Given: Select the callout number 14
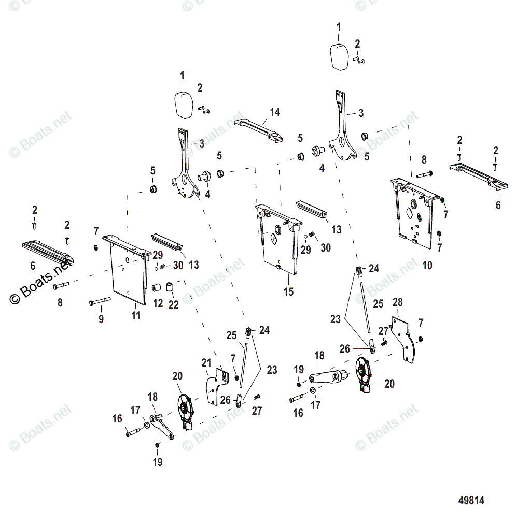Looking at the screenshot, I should tap(274, 112).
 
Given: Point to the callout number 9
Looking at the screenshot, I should tap(101, 319).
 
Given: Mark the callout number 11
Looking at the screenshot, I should tap(135, 315).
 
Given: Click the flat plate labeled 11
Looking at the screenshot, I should tap(127, 269).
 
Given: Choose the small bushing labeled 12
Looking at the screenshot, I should tap(156, 286).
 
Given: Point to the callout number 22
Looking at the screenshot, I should tap(173, 305).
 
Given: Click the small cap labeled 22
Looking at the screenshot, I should tap(170, 286).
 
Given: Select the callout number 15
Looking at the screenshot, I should tap(288, 292).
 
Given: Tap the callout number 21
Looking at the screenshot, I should tap(206, 363).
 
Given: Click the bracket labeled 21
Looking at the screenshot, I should tap(216, 386).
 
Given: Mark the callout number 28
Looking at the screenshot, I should tap(398, 302).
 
